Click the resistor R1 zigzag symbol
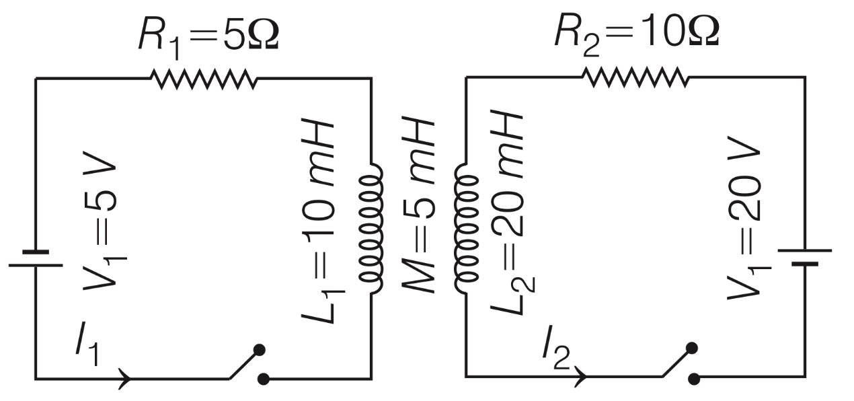204,79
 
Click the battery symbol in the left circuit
36,258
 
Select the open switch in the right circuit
677,364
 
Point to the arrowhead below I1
125,378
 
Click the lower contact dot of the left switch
264,379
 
